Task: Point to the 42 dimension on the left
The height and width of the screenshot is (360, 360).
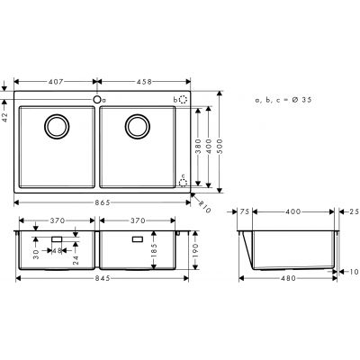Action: (6, 116)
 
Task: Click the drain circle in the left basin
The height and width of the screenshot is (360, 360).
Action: (56, 127)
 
